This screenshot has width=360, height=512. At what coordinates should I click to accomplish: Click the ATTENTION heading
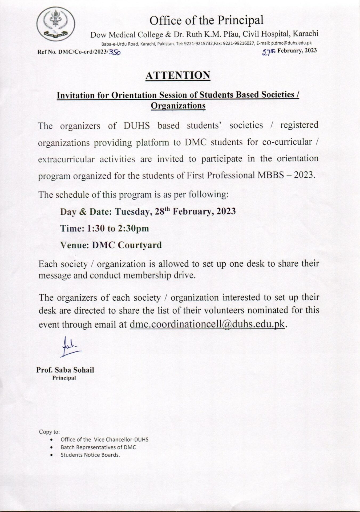(178, 75)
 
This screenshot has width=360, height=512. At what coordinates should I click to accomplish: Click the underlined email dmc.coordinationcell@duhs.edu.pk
(207, 324)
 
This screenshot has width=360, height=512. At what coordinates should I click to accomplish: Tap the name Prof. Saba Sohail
(65, 370)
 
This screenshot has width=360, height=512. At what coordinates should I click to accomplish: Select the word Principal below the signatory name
(64, 378)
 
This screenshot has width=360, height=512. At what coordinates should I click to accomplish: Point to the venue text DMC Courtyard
(127, 245)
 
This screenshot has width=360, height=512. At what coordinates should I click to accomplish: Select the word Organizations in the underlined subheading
(178, 106)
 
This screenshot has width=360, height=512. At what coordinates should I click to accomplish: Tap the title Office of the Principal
(207, 21)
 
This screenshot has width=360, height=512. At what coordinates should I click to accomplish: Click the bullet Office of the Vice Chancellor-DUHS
(104, 439)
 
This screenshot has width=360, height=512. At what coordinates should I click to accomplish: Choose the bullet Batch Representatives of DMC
(98, 447)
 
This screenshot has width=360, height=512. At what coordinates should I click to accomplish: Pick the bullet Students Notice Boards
(90, 455)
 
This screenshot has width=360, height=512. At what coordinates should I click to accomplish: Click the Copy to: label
(49, 431)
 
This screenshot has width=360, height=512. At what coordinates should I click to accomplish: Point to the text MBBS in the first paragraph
(271, 175)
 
